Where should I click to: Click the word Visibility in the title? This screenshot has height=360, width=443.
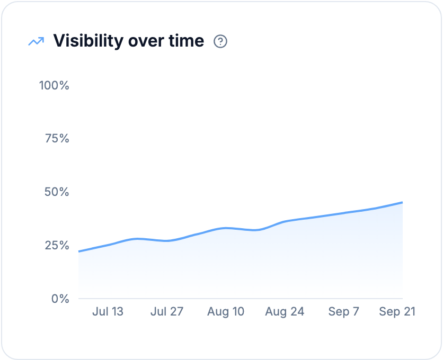pos(88,41)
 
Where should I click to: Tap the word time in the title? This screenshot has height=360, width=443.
pos(186,41)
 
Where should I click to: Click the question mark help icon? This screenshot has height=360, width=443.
pos(220,41)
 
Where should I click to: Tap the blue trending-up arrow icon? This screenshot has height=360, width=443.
pos(36,41)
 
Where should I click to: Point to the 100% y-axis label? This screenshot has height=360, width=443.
pos(54,85)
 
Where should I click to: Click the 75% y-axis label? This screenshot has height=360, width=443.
pos(57,138)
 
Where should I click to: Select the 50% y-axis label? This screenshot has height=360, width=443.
pos(57,192)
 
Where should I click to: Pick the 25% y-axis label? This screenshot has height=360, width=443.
pos(57,245)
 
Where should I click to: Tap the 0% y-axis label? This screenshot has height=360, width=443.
pos(60,299)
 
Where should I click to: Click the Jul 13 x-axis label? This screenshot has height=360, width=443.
pos(108,311)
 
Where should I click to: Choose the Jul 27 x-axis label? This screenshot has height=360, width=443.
pos(167,311)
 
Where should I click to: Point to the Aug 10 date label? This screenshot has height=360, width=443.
pos(226,312)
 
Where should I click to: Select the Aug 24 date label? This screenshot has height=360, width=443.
pos(285,312)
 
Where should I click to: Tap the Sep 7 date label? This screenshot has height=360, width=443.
pos(343,312)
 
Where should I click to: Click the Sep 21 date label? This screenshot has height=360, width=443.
pos(397,312)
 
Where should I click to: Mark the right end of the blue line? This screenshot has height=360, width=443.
pos(402,202)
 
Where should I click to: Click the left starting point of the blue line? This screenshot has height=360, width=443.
pos(79,251)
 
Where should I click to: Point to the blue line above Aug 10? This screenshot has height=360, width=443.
pos(226,228)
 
